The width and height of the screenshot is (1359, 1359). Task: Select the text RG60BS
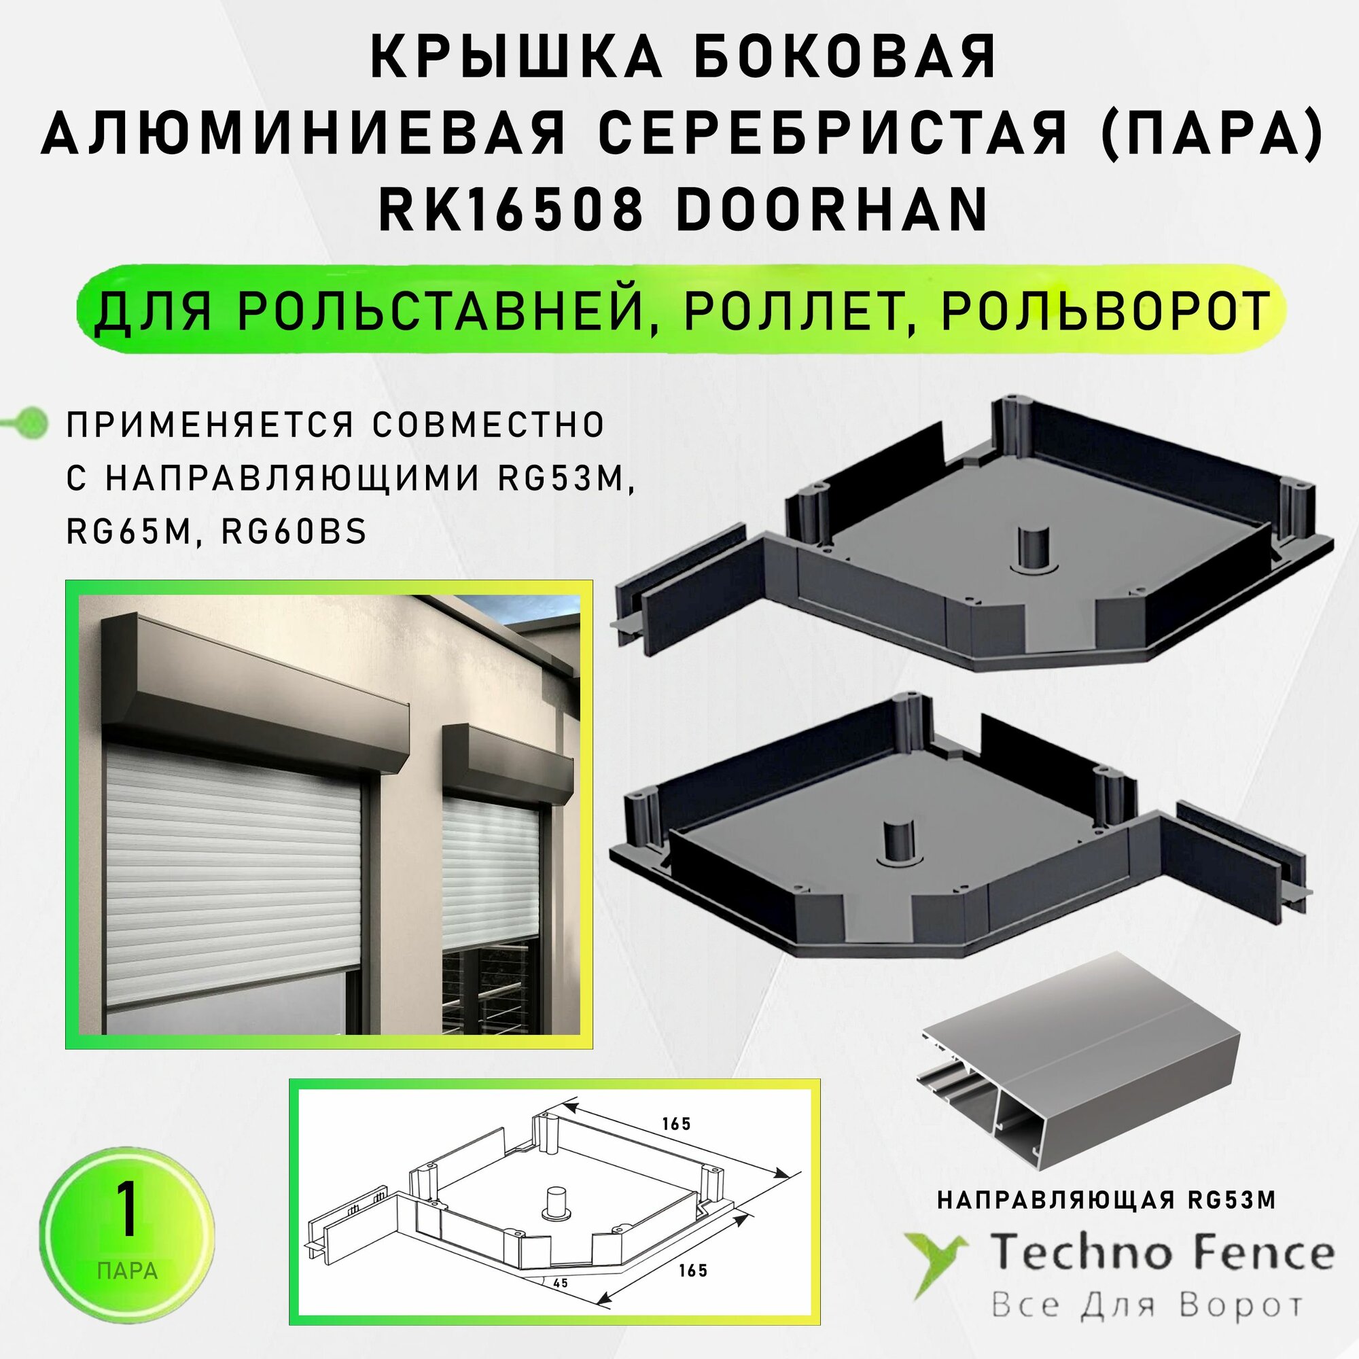pos(294,533)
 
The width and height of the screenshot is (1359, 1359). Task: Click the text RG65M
pos(128,533)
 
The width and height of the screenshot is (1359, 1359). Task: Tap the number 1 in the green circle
pos(126,1210)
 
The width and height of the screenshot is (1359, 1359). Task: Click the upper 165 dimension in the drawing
pos(676,1123)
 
